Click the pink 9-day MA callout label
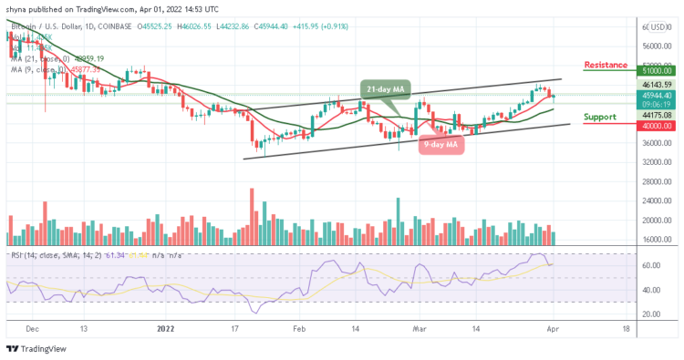click(442, 143)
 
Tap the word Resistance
click(606, 65)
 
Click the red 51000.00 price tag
click(656, 69)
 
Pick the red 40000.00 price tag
click(656, 126)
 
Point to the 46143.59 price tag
click(656, 84)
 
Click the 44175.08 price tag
click(656, 115)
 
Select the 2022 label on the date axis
click(166, 328)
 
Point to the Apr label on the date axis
click(556, 328)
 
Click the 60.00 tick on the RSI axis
click(650, 266)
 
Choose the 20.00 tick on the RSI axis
click(650, 314)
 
